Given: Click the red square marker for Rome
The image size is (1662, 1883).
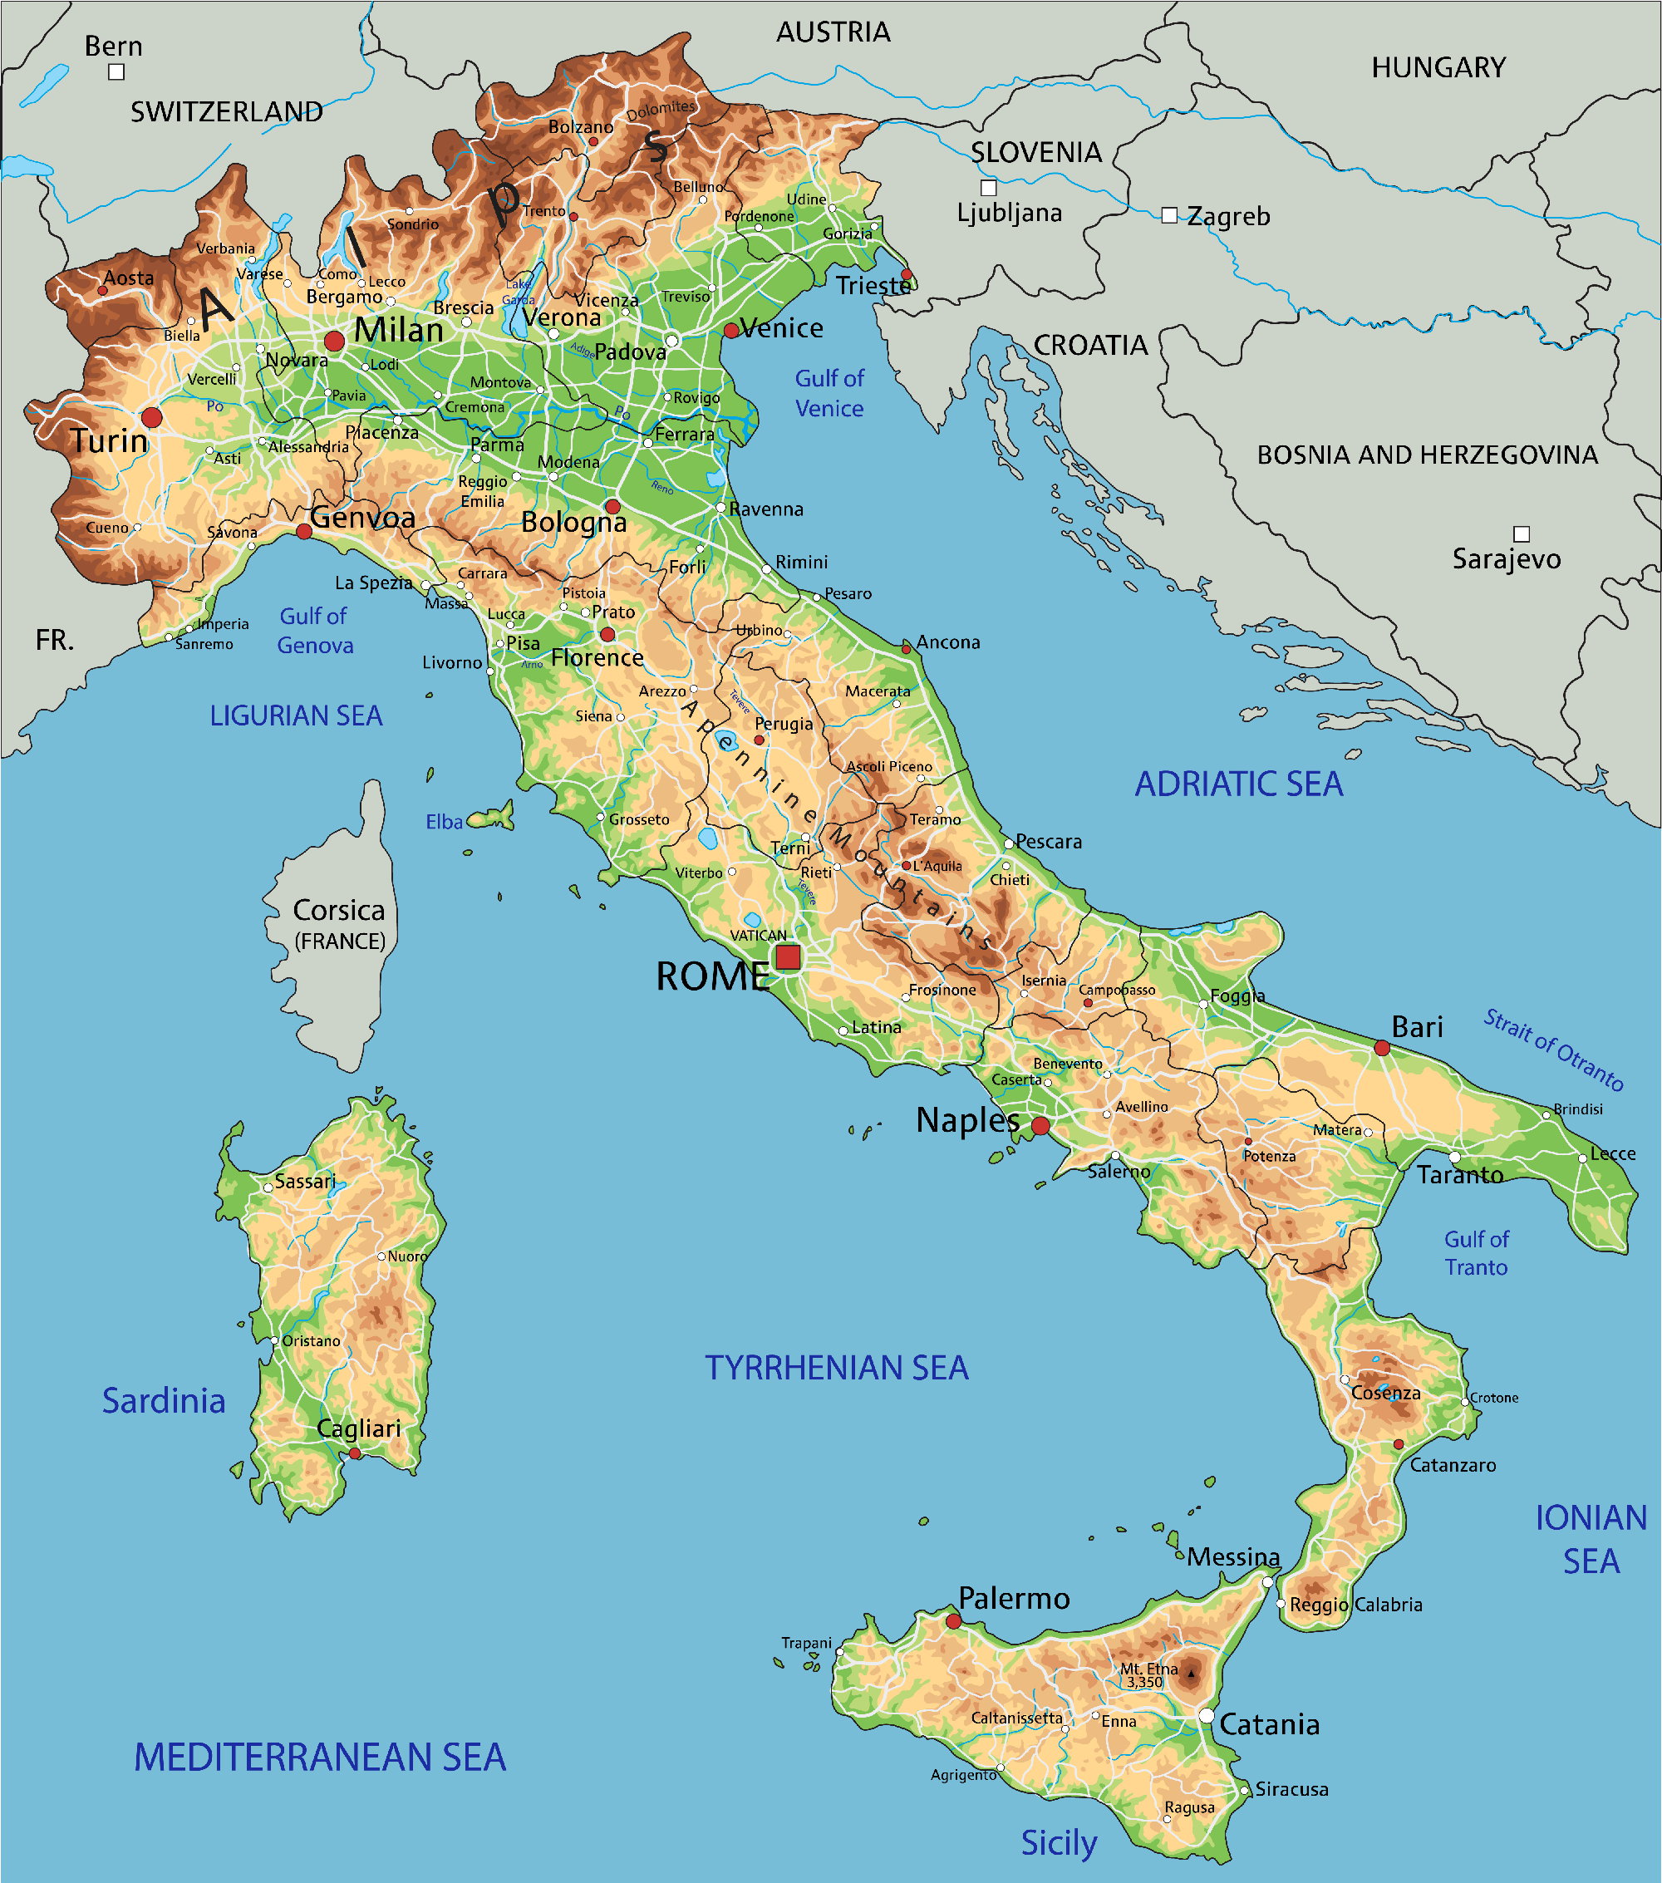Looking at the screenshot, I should point(788,957).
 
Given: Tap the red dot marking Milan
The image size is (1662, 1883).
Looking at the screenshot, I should point(334,341).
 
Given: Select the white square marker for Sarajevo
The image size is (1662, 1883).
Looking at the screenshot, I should point(1522,534).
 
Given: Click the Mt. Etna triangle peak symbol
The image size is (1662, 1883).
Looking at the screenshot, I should point(1190,1673).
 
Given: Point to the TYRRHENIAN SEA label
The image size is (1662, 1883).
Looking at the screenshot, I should point(837,1368).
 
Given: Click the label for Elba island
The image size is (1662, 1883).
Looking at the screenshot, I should point(444,822).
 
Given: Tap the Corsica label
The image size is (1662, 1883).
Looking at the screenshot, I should point(339,910).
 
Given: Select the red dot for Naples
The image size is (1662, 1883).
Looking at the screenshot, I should point(1040,1126).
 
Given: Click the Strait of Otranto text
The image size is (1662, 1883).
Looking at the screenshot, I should point(1553,1050).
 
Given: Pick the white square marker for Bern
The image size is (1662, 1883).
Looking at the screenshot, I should point(116,71).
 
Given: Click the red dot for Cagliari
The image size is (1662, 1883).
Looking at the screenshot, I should point(355,1453).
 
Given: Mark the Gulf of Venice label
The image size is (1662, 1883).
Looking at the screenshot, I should point(829,393).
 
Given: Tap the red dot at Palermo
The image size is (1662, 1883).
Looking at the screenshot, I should point(953,1621).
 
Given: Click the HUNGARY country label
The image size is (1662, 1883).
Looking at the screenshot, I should point(1438,67).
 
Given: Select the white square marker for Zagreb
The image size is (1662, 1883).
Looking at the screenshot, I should point(1169,215).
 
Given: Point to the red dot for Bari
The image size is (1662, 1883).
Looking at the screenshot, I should point(1382,1047).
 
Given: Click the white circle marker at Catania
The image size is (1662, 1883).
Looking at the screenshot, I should point(1207,1715).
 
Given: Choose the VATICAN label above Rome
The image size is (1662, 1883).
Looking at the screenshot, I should point(758,935).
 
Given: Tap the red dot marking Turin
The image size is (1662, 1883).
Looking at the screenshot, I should point(152,417).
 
